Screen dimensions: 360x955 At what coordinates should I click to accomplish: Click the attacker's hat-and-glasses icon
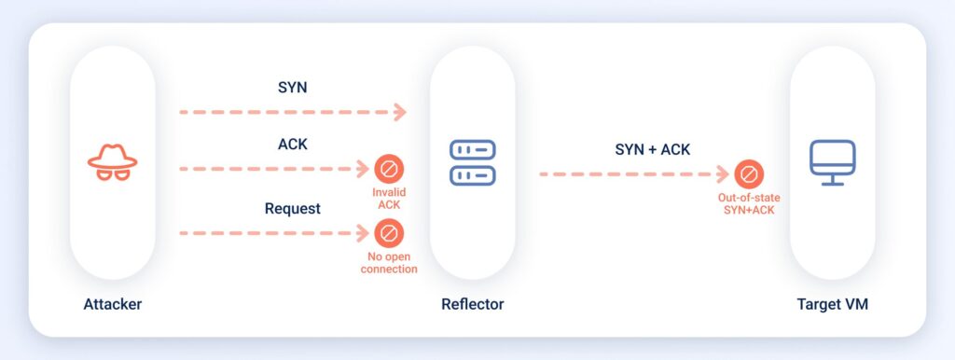pos(112,160)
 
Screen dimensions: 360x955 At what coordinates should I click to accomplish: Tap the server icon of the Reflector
pos(472,161)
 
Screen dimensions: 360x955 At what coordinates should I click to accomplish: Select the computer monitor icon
pos(832,161)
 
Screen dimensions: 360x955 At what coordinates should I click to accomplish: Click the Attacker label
pos(112,304)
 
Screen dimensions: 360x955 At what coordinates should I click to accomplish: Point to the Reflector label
pos(472,304)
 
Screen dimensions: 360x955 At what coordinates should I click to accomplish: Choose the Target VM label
pos(832,304)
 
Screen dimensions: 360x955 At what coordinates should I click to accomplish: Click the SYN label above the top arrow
pos(294,87)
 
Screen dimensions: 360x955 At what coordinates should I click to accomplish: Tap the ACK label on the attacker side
pos(294,145)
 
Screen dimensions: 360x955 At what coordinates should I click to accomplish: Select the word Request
pos(293,208)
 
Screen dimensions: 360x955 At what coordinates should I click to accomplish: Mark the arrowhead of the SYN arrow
pos(400,112)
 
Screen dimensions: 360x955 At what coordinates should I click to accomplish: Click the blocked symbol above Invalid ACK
pos(389,169)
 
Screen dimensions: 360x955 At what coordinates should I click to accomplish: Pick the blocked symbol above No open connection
pos(389,231)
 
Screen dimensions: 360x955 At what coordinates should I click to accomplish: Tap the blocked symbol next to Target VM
pos(748,173)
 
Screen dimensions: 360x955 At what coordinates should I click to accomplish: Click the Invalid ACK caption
pos(389,198)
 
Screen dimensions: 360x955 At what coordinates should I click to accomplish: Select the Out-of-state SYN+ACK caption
pos(748,203)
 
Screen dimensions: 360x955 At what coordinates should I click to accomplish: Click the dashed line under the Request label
pos(270,231)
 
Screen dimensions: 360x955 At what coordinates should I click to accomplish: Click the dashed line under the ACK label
pos(270,169)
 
